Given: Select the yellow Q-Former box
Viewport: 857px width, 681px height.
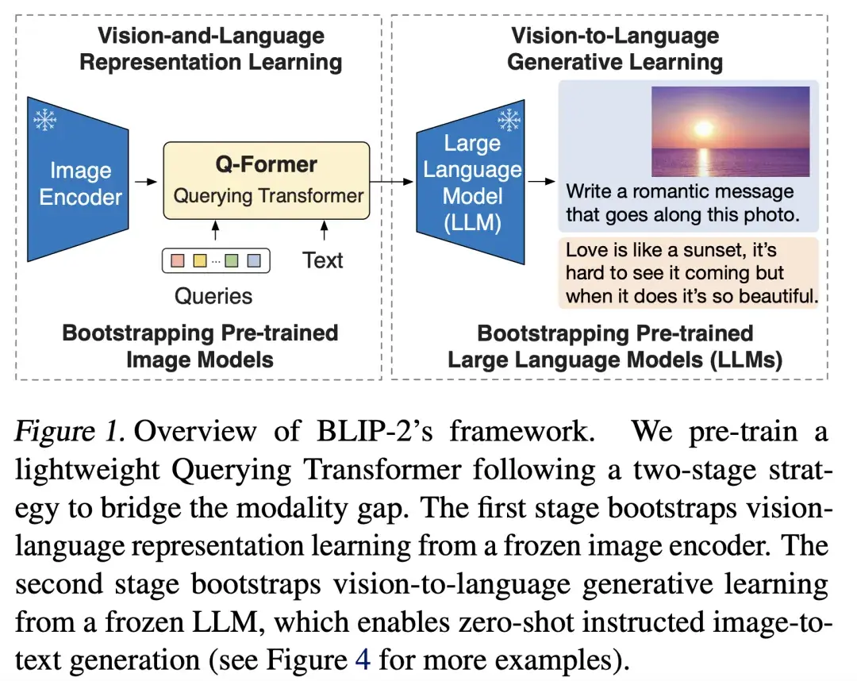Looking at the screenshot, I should pos(267,180).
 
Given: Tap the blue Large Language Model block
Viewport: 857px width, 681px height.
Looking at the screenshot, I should pos(471,183).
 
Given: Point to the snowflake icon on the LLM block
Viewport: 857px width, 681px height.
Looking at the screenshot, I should pos(507,121).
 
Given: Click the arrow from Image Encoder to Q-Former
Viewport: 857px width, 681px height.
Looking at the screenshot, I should pos(145,182).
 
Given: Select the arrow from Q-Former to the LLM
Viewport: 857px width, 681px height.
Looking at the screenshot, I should pos(392,182).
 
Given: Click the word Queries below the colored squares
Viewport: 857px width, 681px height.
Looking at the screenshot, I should pos(213,296).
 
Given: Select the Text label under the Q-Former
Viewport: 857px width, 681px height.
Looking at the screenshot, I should pos(323,260).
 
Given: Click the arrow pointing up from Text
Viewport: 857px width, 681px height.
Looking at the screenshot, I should pos(324,232).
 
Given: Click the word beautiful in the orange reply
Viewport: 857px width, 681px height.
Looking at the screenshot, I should pos(774,297).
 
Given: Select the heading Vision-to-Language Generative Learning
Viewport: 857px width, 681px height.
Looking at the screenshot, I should pos(615,48).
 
